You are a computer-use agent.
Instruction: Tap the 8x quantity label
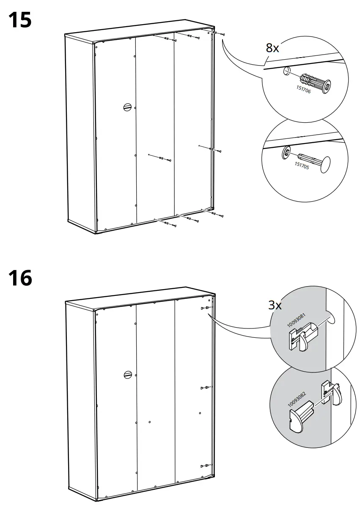pos(272,48)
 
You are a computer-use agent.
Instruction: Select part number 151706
pos(303,91)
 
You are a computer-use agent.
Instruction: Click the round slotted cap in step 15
pos(127,107)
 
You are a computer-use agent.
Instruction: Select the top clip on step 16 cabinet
pos(204,308)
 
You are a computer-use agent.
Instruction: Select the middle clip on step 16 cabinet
pos(204,387)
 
